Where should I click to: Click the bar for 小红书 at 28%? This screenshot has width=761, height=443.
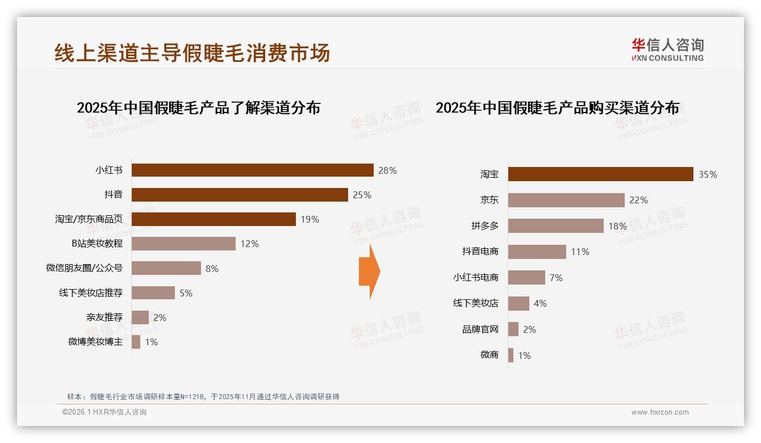pyautogui.click(x=252, y=170)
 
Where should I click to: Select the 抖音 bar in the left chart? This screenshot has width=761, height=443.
pyautogui.click(x=240, y=195)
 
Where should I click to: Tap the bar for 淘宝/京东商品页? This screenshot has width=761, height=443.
pyautogui.click(x=214, y=219)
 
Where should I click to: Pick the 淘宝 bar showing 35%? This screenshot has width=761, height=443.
pyautogui.click(x=600, y=174)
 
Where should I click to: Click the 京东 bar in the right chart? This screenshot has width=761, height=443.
pyautogui.click(x=566, y=200)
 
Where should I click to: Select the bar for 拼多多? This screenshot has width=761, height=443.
pyautogui.click(x=555, y=226)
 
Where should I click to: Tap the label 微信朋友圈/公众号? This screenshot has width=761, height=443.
pyautogui.click(x=84, y=268)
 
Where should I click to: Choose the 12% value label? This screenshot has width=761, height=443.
pyautogui.click(x=249, y=244)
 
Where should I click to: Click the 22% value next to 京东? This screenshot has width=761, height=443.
pyautogui.click(x=638, y=200)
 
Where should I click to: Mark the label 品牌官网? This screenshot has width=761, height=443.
pyautogui.click(x=480, y=329)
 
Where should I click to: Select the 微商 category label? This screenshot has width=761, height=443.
pyautogui.click(x=489, y=355)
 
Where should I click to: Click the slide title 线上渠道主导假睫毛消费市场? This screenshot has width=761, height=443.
pyautogui.click(x=192, y=53)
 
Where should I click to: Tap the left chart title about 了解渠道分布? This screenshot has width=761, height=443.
pyautogui.click(x=198, y=107)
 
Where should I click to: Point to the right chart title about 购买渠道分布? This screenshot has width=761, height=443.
pyautogui.click(x=557, y=107)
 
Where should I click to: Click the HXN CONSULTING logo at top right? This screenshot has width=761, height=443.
pyautogui.click(x=667, y=50)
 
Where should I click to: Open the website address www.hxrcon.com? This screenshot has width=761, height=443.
pyautogui.click(x=660, y=412)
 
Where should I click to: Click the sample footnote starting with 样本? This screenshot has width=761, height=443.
pyautogui.click(x=203, y=396)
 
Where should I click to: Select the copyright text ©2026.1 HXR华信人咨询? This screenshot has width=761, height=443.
pyautogui.click(x=104, y=412)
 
